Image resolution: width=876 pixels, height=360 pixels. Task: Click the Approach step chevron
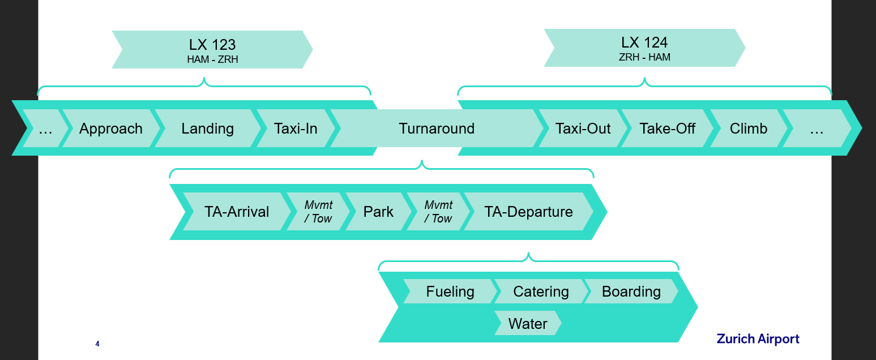click(x=110, y=128)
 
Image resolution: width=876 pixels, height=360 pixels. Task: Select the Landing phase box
click(x=207, y=128)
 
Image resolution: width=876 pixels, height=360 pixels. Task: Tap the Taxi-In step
click(x=296, y=128)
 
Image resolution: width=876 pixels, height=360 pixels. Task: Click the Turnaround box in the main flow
click(x=437, y=128)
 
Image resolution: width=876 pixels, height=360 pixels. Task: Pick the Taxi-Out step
click(x=583, y=128)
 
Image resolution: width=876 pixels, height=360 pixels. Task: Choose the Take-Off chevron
click(x=667, y=128)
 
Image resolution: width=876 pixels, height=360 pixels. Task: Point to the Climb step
click(x=748, y=128)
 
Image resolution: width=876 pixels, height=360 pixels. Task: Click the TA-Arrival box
click(x=237, y=212)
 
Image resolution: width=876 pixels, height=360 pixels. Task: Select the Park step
click(x=378, y=212)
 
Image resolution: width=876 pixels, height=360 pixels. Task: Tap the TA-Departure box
click(x=528, y=212)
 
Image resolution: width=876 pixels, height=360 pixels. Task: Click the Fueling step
click(x=450, y=292)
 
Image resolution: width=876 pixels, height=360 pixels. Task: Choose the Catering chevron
click(x=541, y=292)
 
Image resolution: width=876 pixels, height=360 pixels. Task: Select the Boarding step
click(x=631, y=292)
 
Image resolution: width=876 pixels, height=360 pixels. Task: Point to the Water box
click(x=528, y=324)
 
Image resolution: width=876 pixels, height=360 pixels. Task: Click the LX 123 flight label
click(x=212, y=45)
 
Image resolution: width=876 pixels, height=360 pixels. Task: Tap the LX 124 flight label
click(x=644, y=42)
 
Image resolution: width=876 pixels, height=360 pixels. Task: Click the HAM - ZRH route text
click(x=212, y=59)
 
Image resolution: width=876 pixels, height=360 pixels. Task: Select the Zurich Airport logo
click(x=758, y=339)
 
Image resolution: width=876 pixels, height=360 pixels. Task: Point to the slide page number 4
click(x=97, y=344)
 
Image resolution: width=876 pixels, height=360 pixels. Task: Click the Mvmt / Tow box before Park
click(x=318, y=212)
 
